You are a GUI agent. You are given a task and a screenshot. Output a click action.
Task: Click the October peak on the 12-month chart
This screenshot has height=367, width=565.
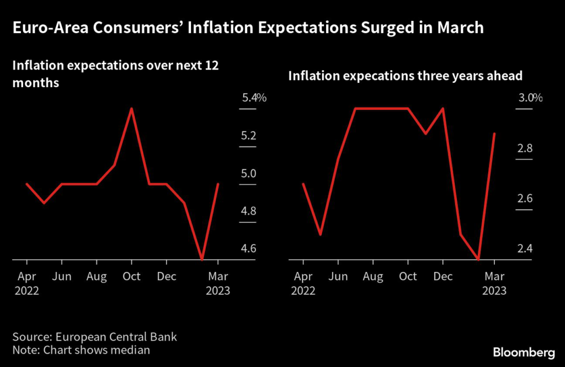[x=131, y=109]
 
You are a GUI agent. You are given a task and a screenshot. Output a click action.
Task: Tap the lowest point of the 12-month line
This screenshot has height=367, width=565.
[x=202, y=259]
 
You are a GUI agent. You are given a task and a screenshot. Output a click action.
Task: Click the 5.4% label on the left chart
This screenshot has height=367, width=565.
[x=254, y=98]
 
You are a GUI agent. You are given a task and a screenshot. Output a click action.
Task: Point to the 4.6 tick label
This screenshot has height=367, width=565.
[x=249, y=248]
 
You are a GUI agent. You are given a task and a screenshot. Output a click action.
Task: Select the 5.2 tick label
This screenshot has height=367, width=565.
[x=249, y=136]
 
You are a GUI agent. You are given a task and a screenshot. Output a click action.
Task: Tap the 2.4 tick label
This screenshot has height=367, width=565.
[x=525, y=248]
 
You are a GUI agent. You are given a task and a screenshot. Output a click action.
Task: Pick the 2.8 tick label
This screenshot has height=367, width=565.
[x=525, y=148]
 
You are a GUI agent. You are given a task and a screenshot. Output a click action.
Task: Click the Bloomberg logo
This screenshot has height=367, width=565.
[x=524, y=352]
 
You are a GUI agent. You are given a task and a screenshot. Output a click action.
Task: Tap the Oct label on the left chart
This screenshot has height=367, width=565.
[x=131, y=276]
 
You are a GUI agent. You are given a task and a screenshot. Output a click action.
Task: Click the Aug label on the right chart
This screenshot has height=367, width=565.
[x=374, y=276]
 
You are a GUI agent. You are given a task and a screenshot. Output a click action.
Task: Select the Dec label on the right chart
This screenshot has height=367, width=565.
[x=443, y=276]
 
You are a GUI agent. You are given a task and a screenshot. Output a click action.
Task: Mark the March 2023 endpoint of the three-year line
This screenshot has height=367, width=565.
[x=494, y=134]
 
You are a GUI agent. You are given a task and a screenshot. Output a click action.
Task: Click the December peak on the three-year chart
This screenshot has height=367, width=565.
[x=443, y=109]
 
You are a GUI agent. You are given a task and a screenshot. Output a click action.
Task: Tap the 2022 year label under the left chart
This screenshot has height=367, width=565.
[x=26, y=291]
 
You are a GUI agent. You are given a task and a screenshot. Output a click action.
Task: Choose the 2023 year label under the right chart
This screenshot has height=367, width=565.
[x=494, y=291]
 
